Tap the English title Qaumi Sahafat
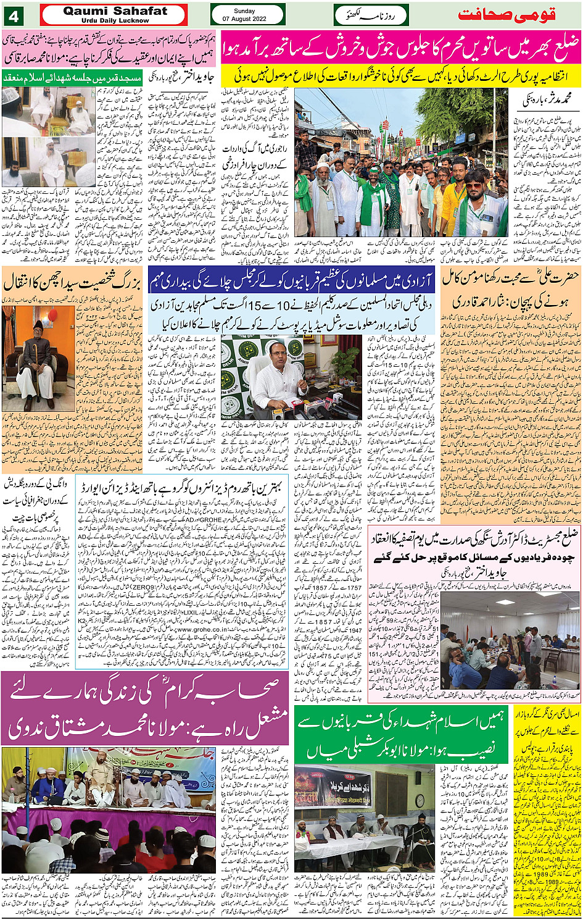point(114,10)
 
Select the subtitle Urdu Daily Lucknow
point(115,20)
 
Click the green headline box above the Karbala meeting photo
point(401,732)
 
